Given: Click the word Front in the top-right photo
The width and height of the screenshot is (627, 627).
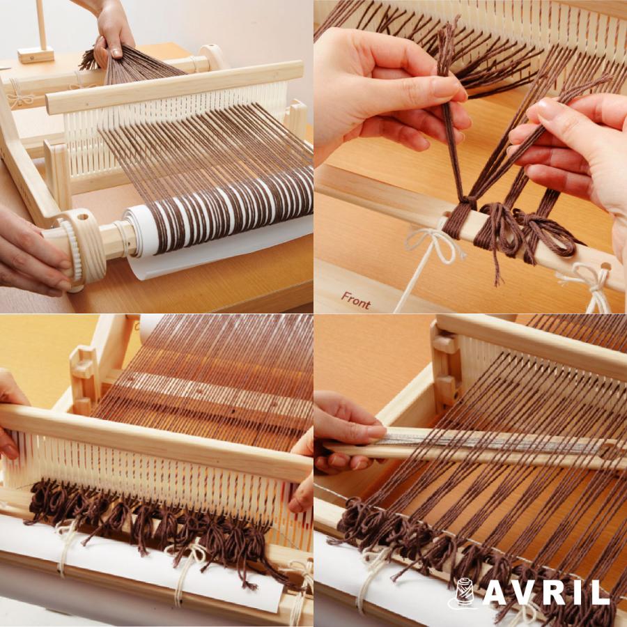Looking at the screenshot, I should pyautogui.click(x=355, y=300).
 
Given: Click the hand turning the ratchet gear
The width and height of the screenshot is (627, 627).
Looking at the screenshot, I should pyautogui.click(x=31, y=251).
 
